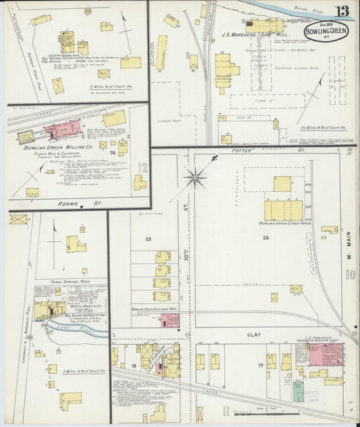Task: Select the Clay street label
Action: (253, 315)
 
